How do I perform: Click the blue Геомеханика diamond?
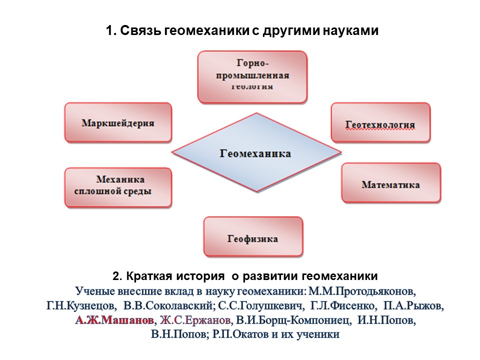(x=256, y=152)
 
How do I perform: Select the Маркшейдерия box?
(x=118, y=122)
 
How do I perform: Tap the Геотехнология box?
(x=380, y=122)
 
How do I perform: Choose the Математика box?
(x=391, y=183)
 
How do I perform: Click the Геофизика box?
(x=253, y=236)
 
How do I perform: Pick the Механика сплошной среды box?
(x=118, y=187)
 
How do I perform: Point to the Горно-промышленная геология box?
(x=252, y=77)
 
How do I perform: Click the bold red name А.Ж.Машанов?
(x=114, y=320)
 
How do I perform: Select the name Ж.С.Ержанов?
(x=195, y=320)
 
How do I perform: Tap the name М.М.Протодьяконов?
(x=361, y=291)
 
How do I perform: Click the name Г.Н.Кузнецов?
(x=81, y=305)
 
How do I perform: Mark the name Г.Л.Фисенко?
(x=343, y=305)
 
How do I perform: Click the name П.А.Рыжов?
(x=413, y=305)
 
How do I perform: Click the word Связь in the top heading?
(x=140, y=30)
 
